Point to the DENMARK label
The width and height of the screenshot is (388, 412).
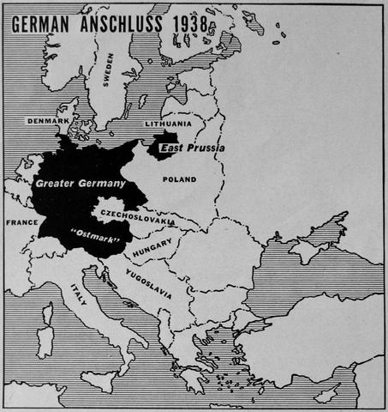[x=47, y=121]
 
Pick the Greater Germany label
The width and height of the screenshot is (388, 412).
[x=80, y=183]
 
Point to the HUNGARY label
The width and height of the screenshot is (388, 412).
[x=152, y=248]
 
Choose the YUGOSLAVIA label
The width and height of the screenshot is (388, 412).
[x=147, y=283]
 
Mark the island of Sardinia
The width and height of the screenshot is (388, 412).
[x=44, y=342]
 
